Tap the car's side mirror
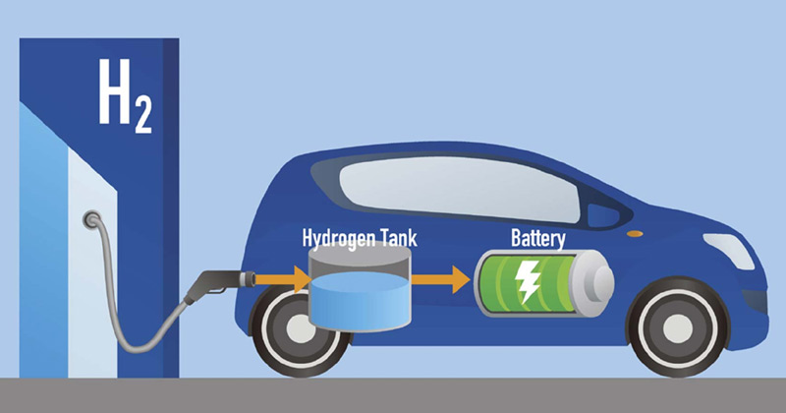(x=593, y=218)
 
